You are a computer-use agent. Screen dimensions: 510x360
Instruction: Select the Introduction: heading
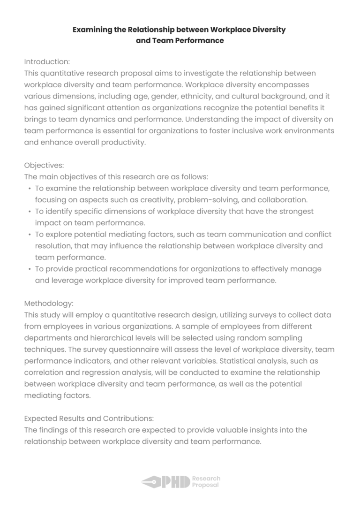pyautogui.click(x=47, y=61)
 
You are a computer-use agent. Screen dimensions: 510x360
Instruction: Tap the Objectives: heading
pyautogui.click(x=44, y=165)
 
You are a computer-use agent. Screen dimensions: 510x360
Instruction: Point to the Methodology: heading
pyautogui.click(x=49, y=303)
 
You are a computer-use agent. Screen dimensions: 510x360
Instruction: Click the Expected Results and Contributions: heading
pyautogui.click(x=89, y=418)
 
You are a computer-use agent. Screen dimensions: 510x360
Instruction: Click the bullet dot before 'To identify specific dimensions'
pyautogui.click(x=30, y=212)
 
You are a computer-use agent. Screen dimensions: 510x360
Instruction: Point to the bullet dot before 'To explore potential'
pyautogui.click(x=30, y=235)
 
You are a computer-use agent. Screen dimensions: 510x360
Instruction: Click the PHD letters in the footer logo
pyautogui.click(x=175, y=482)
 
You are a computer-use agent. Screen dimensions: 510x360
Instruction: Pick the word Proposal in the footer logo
pyautogui.click(x=205, y=485)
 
